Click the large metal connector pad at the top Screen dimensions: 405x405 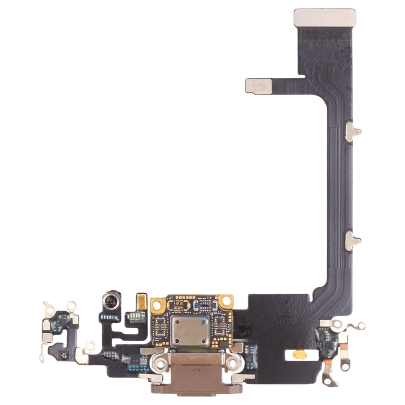325,17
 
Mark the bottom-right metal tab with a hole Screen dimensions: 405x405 328,382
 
